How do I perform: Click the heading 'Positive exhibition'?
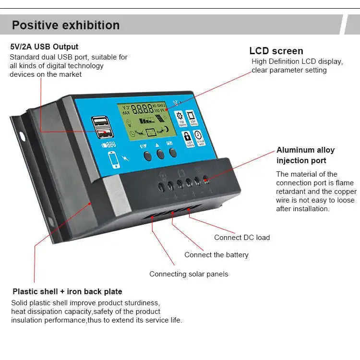(66, 25)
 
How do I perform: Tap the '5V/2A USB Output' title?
(44, 47)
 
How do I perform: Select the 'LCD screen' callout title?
(276, 51)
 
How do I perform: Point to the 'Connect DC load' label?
(242, 238)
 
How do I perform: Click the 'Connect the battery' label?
(216, 255)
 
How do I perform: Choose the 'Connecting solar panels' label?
(189, 274)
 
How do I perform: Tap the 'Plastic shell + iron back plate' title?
(67, 291)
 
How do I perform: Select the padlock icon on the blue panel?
(187, 136)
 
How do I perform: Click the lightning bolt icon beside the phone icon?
(126, 156)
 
